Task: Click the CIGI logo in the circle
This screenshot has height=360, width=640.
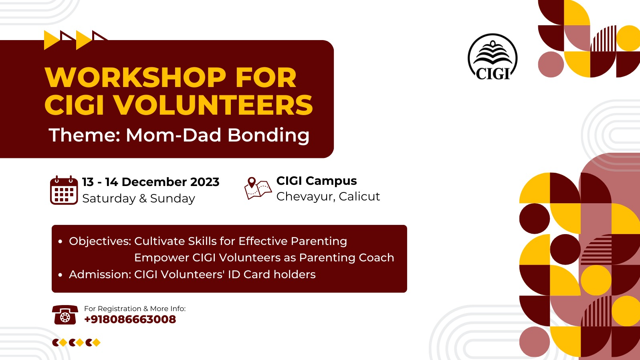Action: [x=493, y=57]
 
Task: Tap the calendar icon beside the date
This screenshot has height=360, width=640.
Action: [x=64, y=190]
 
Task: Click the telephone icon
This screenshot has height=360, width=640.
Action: [x=65, y=315]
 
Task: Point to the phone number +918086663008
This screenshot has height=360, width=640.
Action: [x=130, y=320]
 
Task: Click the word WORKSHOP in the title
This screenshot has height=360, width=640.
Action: [x=135, y=78]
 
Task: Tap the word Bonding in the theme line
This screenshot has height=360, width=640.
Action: [x=268, y=135]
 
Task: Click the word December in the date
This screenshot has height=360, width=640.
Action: [x=154, y=182]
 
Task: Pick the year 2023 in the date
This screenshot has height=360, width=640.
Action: [x=205, y=182]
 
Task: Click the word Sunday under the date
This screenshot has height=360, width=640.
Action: [x=173, y=198]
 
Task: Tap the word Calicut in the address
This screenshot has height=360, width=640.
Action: [x=359, y=196]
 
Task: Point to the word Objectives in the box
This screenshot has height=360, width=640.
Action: [x=100, y=241]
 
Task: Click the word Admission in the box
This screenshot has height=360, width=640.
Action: [x=100, y=274]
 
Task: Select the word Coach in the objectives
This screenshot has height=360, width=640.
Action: [x=376, y=258]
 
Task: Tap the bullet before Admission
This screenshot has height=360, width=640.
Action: [x=60, y=275]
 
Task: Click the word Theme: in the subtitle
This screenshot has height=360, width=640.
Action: [x=85, y=135]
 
